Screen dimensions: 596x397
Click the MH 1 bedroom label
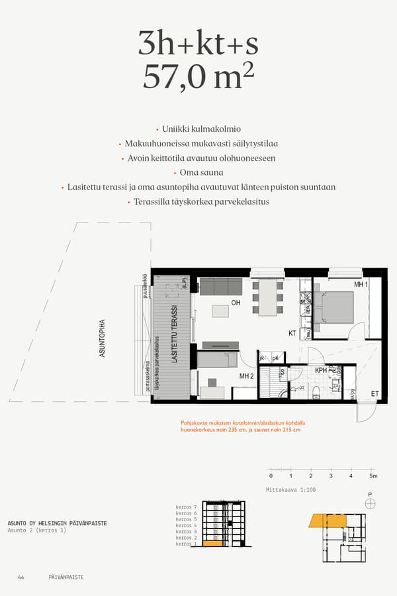pos(361,284)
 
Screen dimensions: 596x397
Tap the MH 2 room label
pos(247,376)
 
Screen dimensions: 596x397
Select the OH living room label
pos(236,303)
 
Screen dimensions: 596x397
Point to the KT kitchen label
pos(292,333)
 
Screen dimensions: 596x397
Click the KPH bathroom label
pos(322,370)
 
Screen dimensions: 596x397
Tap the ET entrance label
pos(375,393)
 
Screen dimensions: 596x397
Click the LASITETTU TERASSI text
pos(175,334)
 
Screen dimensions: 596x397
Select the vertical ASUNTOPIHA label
pos(103,338)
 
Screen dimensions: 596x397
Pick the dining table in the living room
pos(267,297)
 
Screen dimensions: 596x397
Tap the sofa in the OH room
pos(220,287)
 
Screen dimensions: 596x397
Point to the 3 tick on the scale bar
pos(331,476)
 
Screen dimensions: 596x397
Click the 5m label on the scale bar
pos(373,476)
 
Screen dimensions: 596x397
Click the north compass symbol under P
pos(370,503)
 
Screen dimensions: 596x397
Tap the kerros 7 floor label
pos(187,507)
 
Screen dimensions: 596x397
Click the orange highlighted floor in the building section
pos(212,544)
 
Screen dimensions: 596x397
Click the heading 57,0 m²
pos(198,77)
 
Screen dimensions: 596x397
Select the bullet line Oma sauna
pos(198,173)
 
